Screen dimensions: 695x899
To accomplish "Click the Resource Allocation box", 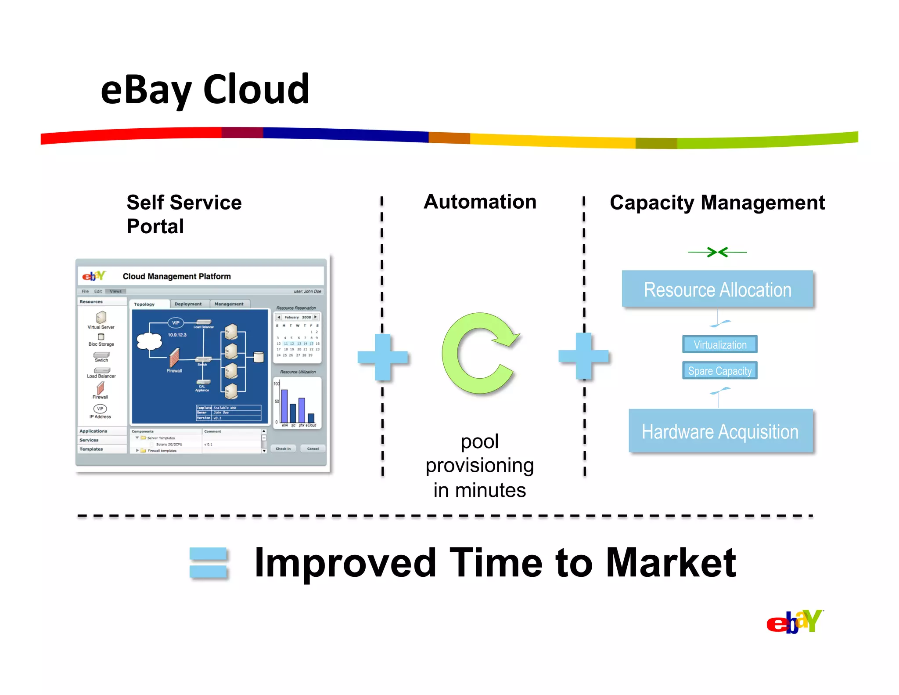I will [x=717, y=289].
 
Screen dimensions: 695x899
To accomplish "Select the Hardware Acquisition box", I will [x=720, y=431].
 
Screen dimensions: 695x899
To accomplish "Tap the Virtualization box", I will [x=719, y=344].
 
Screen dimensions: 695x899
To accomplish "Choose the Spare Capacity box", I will [x=719, y=370].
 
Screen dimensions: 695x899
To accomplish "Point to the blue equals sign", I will [x=208, y=562].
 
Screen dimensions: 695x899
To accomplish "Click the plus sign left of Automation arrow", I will [x=383, y=357].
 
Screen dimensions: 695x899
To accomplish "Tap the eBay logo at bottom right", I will [x=794, y=621].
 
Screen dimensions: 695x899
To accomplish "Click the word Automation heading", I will [x=480, y=202].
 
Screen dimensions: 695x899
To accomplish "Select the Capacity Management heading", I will [x=717, y=203].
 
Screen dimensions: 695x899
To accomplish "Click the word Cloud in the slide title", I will [x=256, y=90].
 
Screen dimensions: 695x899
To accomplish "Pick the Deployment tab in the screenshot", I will [x=188, y=304].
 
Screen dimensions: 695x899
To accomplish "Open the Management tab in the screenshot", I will [x=229, y=304].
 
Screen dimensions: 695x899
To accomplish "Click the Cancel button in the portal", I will [x=313, y=449].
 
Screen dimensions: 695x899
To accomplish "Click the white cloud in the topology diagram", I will [x=149, y=341].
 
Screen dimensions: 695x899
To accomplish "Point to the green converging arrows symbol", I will [x=717, y=252].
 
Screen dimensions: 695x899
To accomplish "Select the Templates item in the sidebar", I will [x=91, y=449].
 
